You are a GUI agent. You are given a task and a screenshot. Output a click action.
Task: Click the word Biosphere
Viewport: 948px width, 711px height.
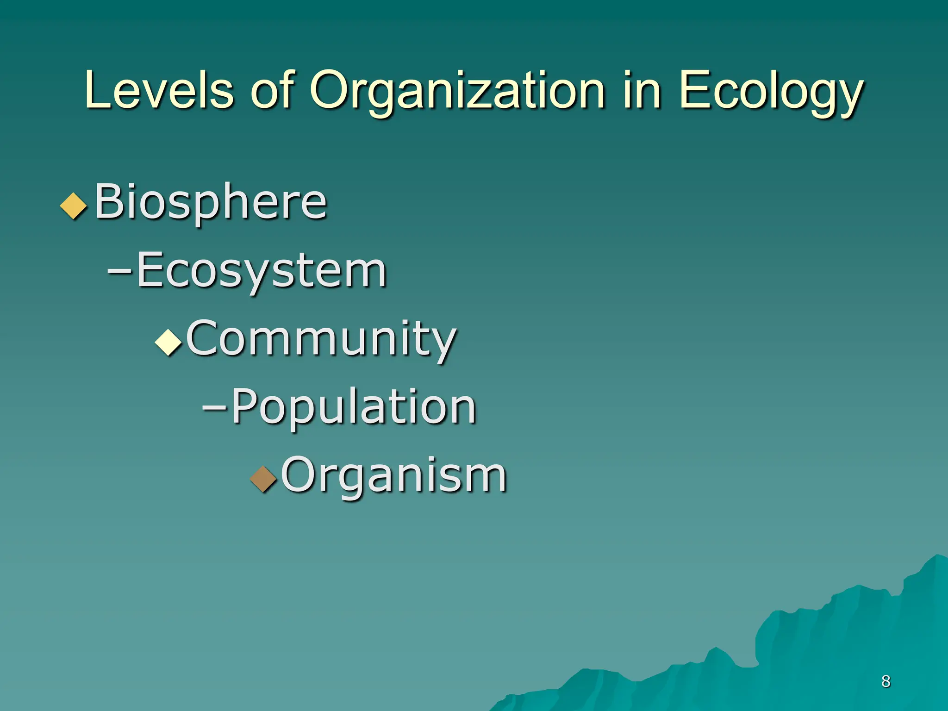(x=211, y=202)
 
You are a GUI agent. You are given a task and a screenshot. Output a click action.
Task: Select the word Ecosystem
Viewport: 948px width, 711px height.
(x=262, y=271)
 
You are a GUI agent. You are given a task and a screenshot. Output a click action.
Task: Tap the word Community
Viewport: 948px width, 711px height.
(x=321, y=339)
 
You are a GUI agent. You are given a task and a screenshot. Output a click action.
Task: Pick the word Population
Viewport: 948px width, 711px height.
(x=354, y=407)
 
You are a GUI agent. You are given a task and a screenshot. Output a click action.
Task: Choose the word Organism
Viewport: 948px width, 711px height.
(x=394, y=475)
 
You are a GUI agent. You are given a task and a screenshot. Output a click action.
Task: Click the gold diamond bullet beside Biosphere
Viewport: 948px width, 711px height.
(x=74, y=206)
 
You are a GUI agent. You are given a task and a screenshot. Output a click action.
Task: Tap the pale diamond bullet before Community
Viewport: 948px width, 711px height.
(x=168, y=343)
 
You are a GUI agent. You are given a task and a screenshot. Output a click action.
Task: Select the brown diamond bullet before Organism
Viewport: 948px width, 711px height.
(x=263, y=479)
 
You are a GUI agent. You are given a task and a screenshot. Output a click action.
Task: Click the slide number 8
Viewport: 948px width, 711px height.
(x=886, y=681)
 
